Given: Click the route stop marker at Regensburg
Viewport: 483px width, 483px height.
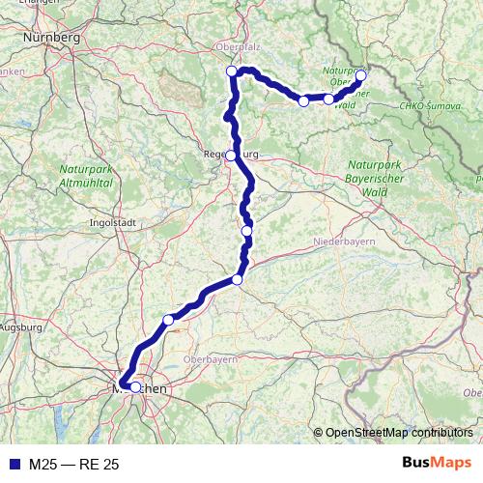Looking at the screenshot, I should point(231,156).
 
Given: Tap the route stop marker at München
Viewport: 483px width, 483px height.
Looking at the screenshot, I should point(135,387).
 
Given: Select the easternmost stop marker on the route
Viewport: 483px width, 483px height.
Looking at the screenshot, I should point(361,75).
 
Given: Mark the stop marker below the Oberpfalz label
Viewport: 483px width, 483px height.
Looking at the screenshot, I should point(231,71).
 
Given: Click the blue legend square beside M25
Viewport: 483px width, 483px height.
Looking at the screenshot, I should point(14,465).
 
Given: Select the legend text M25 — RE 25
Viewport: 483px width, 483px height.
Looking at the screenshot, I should point(73,465).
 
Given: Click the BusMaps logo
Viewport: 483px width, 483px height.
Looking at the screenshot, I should point(437,464).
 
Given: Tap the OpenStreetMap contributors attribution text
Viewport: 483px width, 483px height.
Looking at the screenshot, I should point(399,432).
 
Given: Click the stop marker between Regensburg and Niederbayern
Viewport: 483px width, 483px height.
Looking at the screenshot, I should point(247,231).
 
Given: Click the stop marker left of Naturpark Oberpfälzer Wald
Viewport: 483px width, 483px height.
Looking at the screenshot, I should point(303,100).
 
